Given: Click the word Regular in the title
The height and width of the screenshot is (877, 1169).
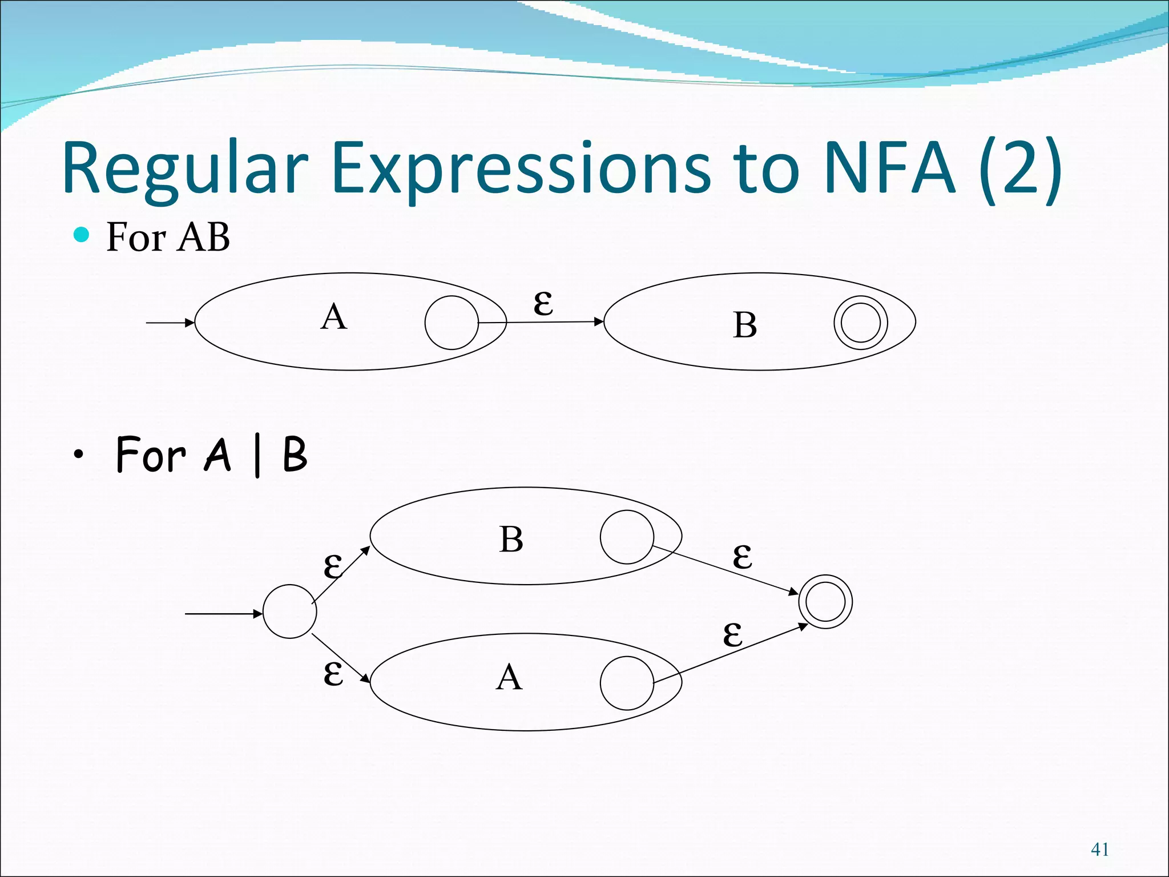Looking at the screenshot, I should coord(186,168).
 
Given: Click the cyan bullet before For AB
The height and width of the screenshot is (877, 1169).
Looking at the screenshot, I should coord(82,235).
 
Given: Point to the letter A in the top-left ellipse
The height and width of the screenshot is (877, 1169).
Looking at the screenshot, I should coord(334,317).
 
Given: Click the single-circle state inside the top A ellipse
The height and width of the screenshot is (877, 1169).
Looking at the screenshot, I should coord(452,323).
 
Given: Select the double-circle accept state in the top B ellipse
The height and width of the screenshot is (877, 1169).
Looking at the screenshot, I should coord(861,323).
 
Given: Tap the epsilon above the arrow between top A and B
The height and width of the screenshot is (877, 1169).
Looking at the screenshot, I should coord(543,303).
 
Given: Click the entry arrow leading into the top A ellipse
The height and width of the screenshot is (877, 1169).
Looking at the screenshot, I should coord(170,323).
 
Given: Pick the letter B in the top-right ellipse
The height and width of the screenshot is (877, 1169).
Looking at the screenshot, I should coord(745,325).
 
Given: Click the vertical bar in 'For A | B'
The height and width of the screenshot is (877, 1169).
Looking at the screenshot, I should coord(257,456).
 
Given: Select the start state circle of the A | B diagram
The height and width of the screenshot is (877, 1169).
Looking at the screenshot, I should coord(289,612).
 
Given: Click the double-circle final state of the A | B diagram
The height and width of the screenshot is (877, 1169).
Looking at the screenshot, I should coord(825,602).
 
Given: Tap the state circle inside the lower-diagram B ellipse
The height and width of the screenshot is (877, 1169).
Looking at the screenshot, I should coord(627,537).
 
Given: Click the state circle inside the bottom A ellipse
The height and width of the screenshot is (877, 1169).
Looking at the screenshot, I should coord(627,683).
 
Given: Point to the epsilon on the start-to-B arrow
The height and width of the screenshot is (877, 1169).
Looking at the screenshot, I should coord(333,566).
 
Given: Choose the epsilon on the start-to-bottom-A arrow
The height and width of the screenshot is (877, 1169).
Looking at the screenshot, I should coord(333,674).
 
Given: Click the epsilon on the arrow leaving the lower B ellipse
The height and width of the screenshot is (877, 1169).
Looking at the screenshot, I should coord(743,557).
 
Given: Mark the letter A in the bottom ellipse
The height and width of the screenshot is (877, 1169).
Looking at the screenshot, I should coord(509,678).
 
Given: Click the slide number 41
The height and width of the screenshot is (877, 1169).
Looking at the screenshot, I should coord(1100,849).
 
